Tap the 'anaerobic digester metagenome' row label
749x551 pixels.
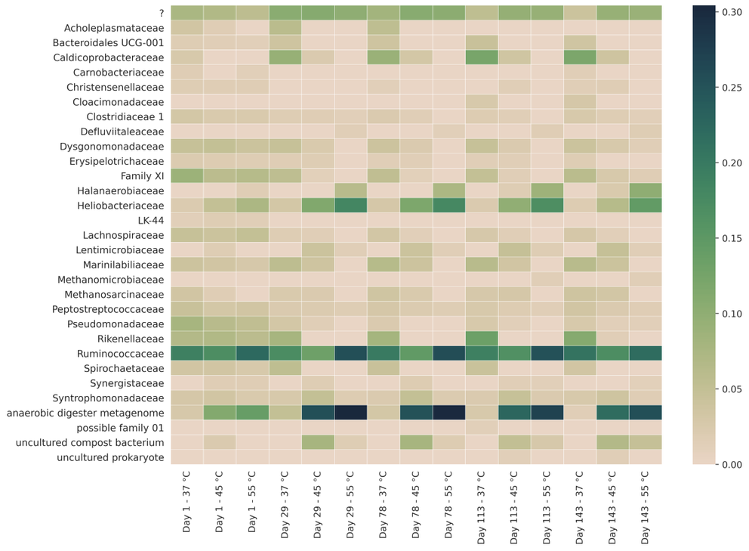tap(85, 413)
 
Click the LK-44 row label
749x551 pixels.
tap(151, 220)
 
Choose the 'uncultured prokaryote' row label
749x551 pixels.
tap(111, 457)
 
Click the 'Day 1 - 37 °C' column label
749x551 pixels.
tap(186, 506)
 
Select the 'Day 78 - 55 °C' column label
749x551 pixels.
tap(448, 506)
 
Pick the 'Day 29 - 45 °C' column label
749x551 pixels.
tap(317, 506)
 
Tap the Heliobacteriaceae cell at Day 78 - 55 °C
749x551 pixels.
tap(448, 205)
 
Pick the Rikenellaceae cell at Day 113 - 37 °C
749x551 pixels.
tap(481, 338)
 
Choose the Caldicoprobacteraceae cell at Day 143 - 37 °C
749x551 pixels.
tap(579, 57)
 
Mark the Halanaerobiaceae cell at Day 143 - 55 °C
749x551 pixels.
tap(645, 190)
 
